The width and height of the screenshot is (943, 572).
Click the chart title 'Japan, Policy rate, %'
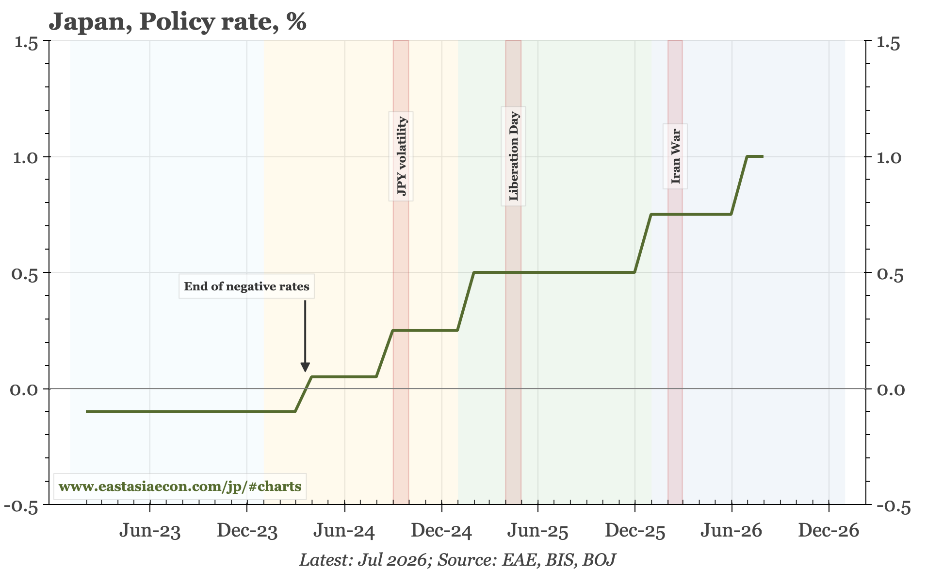pyautogui.click(x=178, y=22)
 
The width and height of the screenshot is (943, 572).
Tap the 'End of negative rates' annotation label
pyautogui.click(x=246, y=286)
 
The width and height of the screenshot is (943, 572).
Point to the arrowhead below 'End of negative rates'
pyautogui.click(x=305, y=367)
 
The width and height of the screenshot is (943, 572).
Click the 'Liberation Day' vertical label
pyautogui.click(x=513, y=156)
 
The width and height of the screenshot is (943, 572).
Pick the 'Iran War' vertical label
pyautogui.click(x=676, y=156)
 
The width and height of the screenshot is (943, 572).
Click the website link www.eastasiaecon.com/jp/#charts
pyautogui.click(x=180, y=486)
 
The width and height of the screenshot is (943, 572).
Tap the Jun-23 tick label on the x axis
pyautogui.click(x=150, y=531)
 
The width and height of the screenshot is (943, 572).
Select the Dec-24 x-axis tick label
pyautogui.click(x=441, y=531)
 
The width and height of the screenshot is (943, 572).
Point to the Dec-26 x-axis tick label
pyautogui.click(x=829, y=531)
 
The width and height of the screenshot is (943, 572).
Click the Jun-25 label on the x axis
pyautogui.click(x=537, y=531)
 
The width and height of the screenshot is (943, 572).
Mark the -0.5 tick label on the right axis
pyautogui.click(x=893, y=506)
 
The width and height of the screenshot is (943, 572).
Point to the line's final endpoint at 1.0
pyautogui.click(x=763, y=156)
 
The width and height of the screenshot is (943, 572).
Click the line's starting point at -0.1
pyautogui.click(x=86, y=412)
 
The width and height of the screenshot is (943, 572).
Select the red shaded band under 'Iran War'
pyautogui.click(x=675, y=272)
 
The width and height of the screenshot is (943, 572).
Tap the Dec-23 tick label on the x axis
pyautogui.click(x=247, y=531)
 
